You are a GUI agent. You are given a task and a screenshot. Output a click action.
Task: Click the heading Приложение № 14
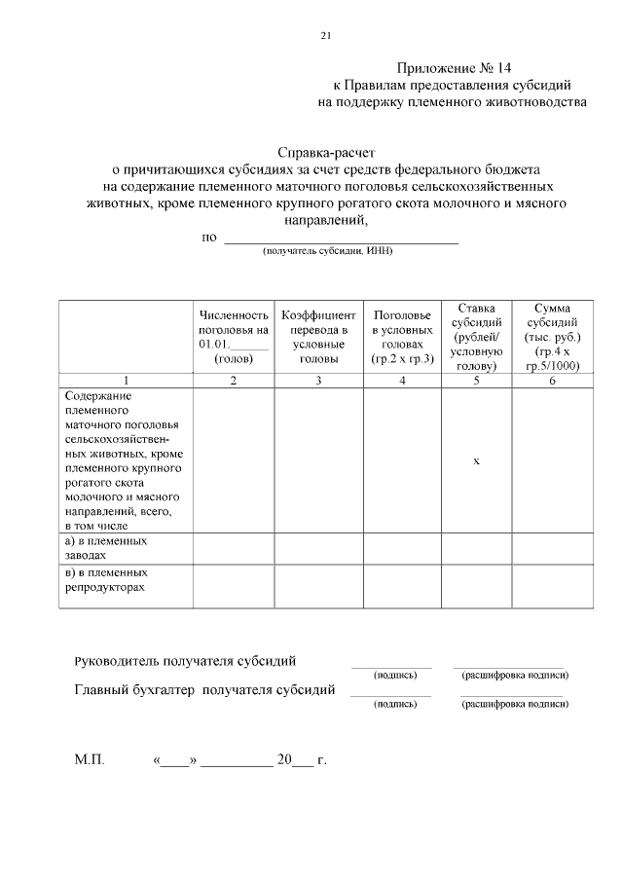click(453, 68)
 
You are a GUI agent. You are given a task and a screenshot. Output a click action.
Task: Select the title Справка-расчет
click(325, 152)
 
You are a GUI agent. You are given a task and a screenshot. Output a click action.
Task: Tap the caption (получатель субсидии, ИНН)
click(327, 250)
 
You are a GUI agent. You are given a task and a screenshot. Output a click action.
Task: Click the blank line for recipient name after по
click(341, 236)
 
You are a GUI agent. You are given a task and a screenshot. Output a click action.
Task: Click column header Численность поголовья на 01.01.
click(233, 337)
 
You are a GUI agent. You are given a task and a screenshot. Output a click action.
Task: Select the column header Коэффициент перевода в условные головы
click(318, 337)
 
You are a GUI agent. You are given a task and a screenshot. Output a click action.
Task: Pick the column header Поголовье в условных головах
click(402, 337)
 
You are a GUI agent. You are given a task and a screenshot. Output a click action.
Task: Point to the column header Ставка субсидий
click(476, 337)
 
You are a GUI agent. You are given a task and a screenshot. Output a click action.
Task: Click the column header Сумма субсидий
click(551, 337)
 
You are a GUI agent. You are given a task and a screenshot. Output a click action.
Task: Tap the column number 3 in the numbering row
click(318, 380)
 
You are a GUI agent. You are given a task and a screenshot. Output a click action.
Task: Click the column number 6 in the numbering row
click(551, 380)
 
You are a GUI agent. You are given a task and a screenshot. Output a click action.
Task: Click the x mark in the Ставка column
click(476, 459)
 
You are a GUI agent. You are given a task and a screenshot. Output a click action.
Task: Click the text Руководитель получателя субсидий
click(185, 661)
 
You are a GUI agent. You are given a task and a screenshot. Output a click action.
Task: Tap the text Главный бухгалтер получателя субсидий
click(205, 690)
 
